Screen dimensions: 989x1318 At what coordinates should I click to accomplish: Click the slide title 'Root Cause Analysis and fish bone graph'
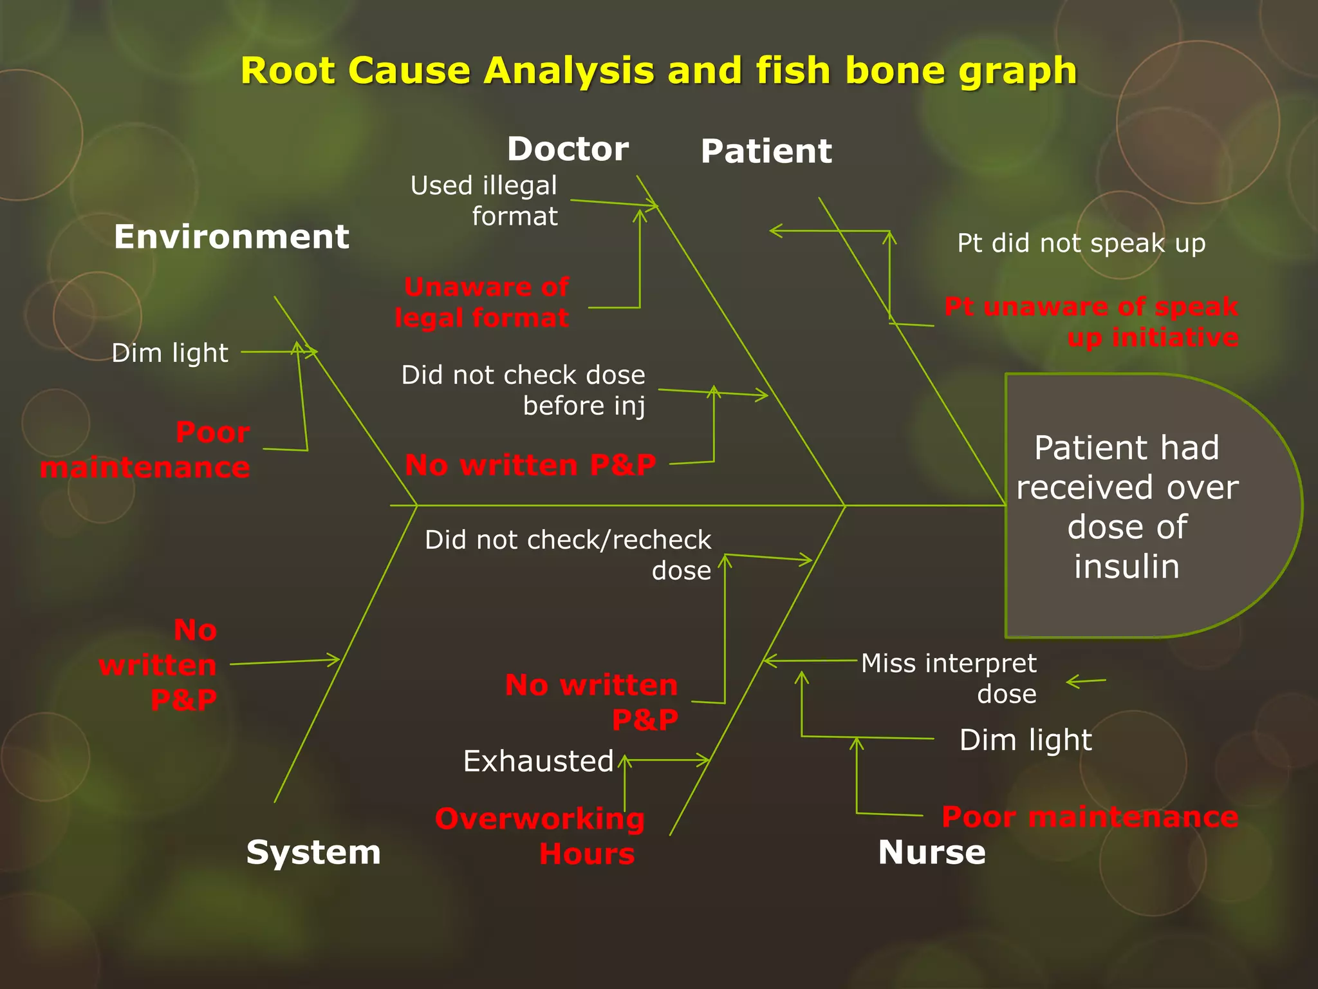(x=658, y=70)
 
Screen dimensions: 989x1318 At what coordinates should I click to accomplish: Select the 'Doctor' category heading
(x=568, y=149)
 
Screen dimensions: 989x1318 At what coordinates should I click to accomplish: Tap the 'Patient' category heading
(x=766, y=151)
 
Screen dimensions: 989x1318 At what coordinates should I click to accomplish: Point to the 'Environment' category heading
(x=231, y=237)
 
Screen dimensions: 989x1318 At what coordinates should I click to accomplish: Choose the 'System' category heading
(x=313, y=852)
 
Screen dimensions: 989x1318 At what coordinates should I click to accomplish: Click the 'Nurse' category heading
(x=931, y=852)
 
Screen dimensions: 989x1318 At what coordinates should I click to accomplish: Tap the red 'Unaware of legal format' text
(x=483, y=303)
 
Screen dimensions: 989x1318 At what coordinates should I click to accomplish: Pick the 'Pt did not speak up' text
(x=1081, y=243)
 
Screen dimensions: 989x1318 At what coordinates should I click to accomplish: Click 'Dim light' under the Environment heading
(x=170, y=353)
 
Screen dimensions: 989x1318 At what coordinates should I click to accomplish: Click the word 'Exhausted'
(x=538, y=761)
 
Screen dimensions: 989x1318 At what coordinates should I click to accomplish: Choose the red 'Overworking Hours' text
(x=541, y=836)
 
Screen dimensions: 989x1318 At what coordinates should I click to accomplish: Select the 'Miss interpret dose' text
(x=950, y=678)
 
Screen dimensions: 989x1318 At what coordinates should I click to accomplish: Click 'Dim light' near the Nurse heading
(x=1025, y=740)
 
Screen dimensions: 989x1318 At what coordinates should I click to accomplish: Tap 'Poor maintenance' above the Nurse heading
(x=1090, y=816)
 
